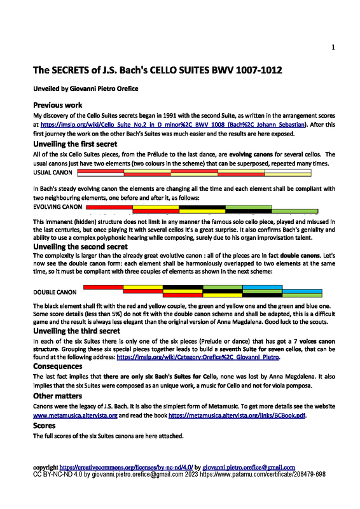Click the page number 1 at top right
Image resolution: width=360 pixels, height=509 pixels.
(333, 48)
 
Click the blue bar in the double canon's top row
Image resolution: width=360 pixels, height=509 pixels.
(262, 288)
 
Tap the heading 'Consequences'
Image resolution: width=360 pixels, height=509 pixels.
(58, 367)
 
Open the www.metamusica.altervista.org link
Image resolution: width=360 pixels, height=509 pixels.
(75, 415)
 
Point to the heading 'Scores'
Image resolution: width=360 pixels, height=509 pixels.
(45, 425)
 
